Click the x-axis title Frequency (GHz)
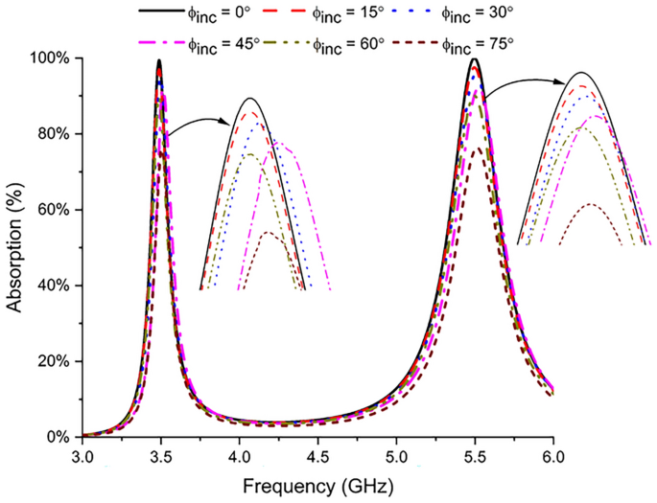pos(317,487)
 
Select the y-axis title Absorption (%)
pos(15,247)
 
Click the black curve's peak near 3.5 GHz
pos(159,60)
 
